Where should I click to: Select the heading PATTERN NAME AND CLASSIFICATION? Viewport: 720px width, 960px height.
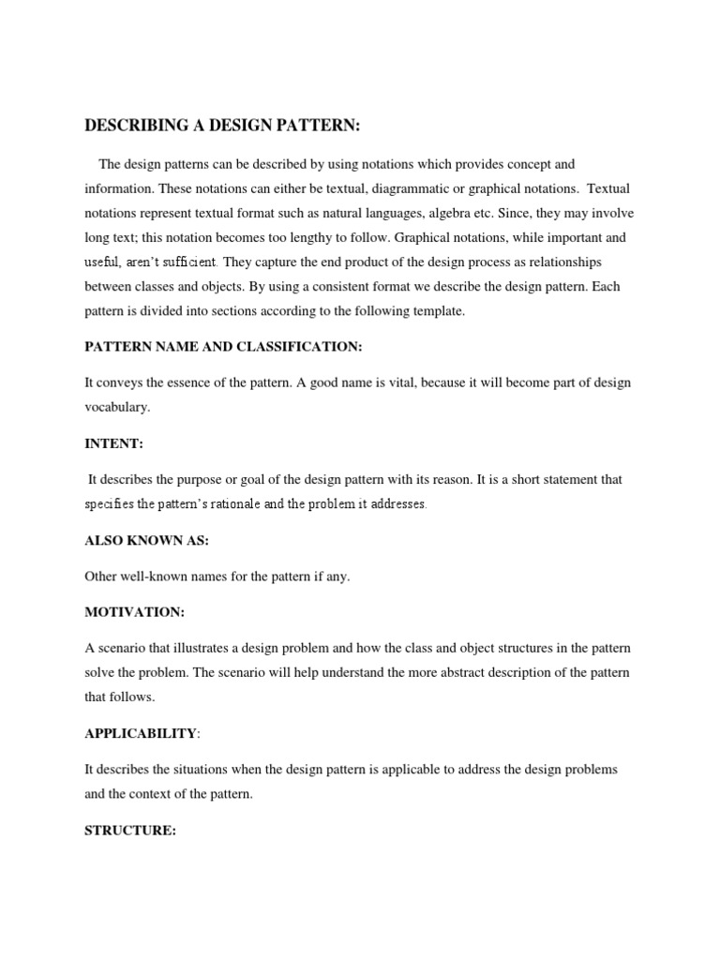tap(223, 347)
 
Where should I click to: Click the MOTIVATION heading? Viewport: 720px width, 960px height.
tap(135, 611)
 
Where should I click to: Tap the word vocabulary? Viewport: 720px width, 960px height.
tap(116, 407)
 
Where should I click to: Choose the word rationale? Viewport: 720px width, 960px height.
tap(225, 504)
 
